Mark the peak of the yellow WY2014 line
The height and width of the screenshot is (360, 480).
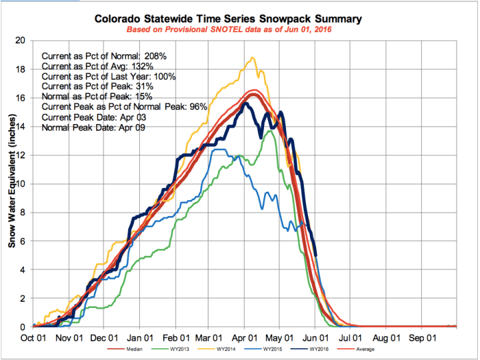[x=253, y=58]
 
